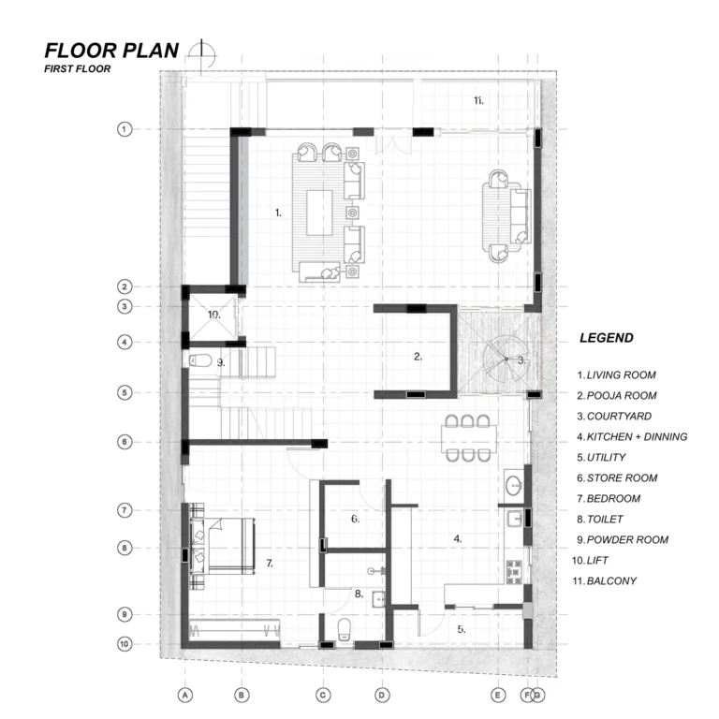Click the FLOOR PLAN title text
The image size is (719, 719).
coord(111,51)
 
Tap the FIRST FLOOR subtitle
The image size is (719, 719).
coord(78,68)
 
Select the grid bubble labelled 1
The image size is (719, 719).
coord(125,129)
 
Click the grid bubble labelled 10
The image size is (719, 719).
coord(125,644)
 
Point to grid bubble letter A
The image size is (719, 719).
coord(185,696)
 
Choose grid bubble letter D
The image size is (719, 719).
coord(382,696)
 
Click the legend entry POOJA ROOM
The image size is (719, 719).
coord(617,395)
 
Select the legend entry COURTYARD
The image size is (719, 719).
coord(614,416)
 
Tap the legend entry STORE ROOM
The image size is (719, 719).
coord(617,477)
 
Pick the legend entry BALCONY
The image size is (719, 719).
coord(605,581)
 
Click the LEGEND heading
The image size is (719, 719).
coord(607,338)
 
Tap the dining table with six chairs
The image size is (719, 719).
coord(469,438)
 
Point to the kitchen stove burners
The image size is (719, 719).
coord(514,572)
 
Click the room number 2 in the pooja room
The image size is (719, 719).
coord(418,357)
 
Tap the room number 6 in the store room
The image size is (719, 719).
coord(356,519)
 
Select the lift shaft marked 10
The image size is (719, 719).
coord(213,316)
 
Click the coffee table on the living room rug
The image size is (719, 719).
coord(319,213)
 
